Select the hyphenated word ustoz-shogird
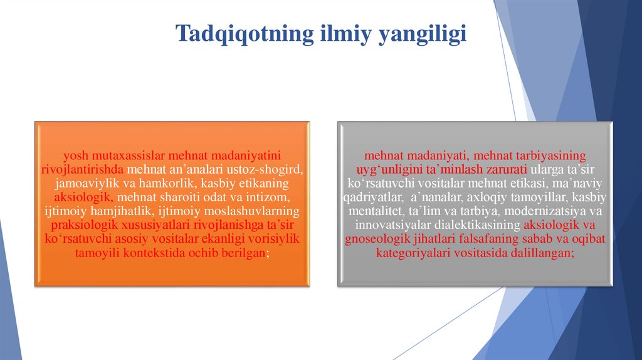point(271,169)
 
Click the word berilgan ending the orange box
point(243,252)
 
